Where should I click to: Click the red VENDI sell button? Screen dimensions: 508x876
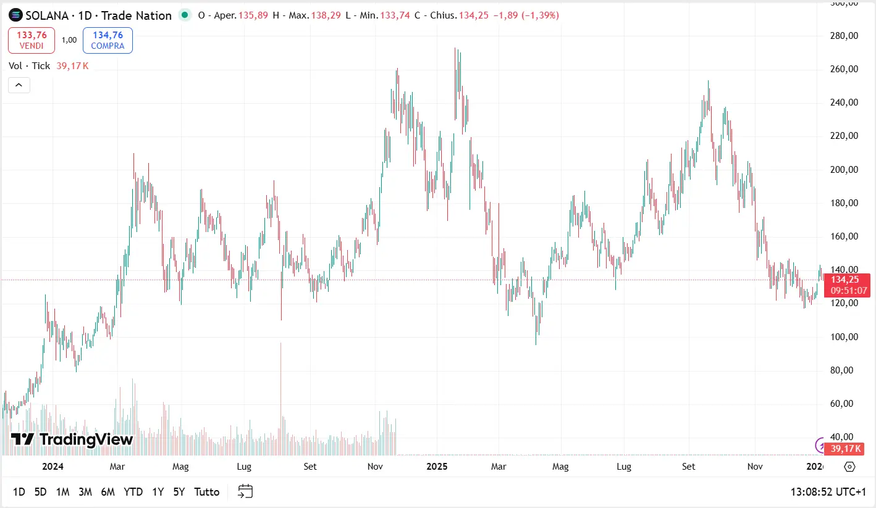click(x=32, y=40)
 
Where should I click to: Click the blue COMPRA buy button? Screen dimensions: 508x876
click(x=107, y=40)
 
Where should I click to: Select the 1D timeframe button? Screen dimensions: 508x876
click(x=19, y=492)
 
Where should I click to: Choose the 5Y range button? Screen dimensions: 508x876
click(x=179, y=492)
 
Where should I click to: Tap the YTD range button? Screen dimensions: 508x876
click(x=133, y=492)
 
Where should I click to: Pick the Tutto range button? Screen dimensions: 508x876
click(x=207, y=492)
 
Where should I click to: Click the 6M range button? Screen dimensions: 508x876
click(x=107, y=492)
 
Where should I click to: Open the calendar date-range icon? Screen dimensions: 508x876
click(x=245, y=491)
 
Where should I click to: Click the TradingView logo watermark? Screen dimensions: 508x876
click(x=72, y=439)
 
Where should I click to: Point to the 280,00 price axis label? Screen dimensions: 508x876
click(x=844, y=36)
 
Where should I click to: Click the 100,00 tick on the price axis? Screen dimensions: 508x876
click(x=844, y=337)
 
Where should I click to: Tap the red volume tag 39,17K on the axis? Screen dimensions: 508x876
click(x=846, y=449)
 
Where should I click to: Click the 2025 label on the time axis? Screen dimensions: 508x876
click(x=437, y=467)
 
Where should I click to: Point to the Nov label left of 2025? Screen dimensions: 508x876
click(x=375, y=467)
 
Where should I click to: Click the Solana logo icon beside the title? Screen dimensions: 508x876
click(x=15, y=15)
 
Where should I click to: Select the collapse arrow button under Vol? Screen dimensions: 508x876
click(x=19, y=85)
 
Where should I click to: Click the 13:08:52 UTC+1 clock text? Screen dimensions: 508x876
click(x=828, y=492)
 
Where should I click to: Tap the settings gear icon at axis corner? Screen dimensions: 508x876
click(x=849, y=467)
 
